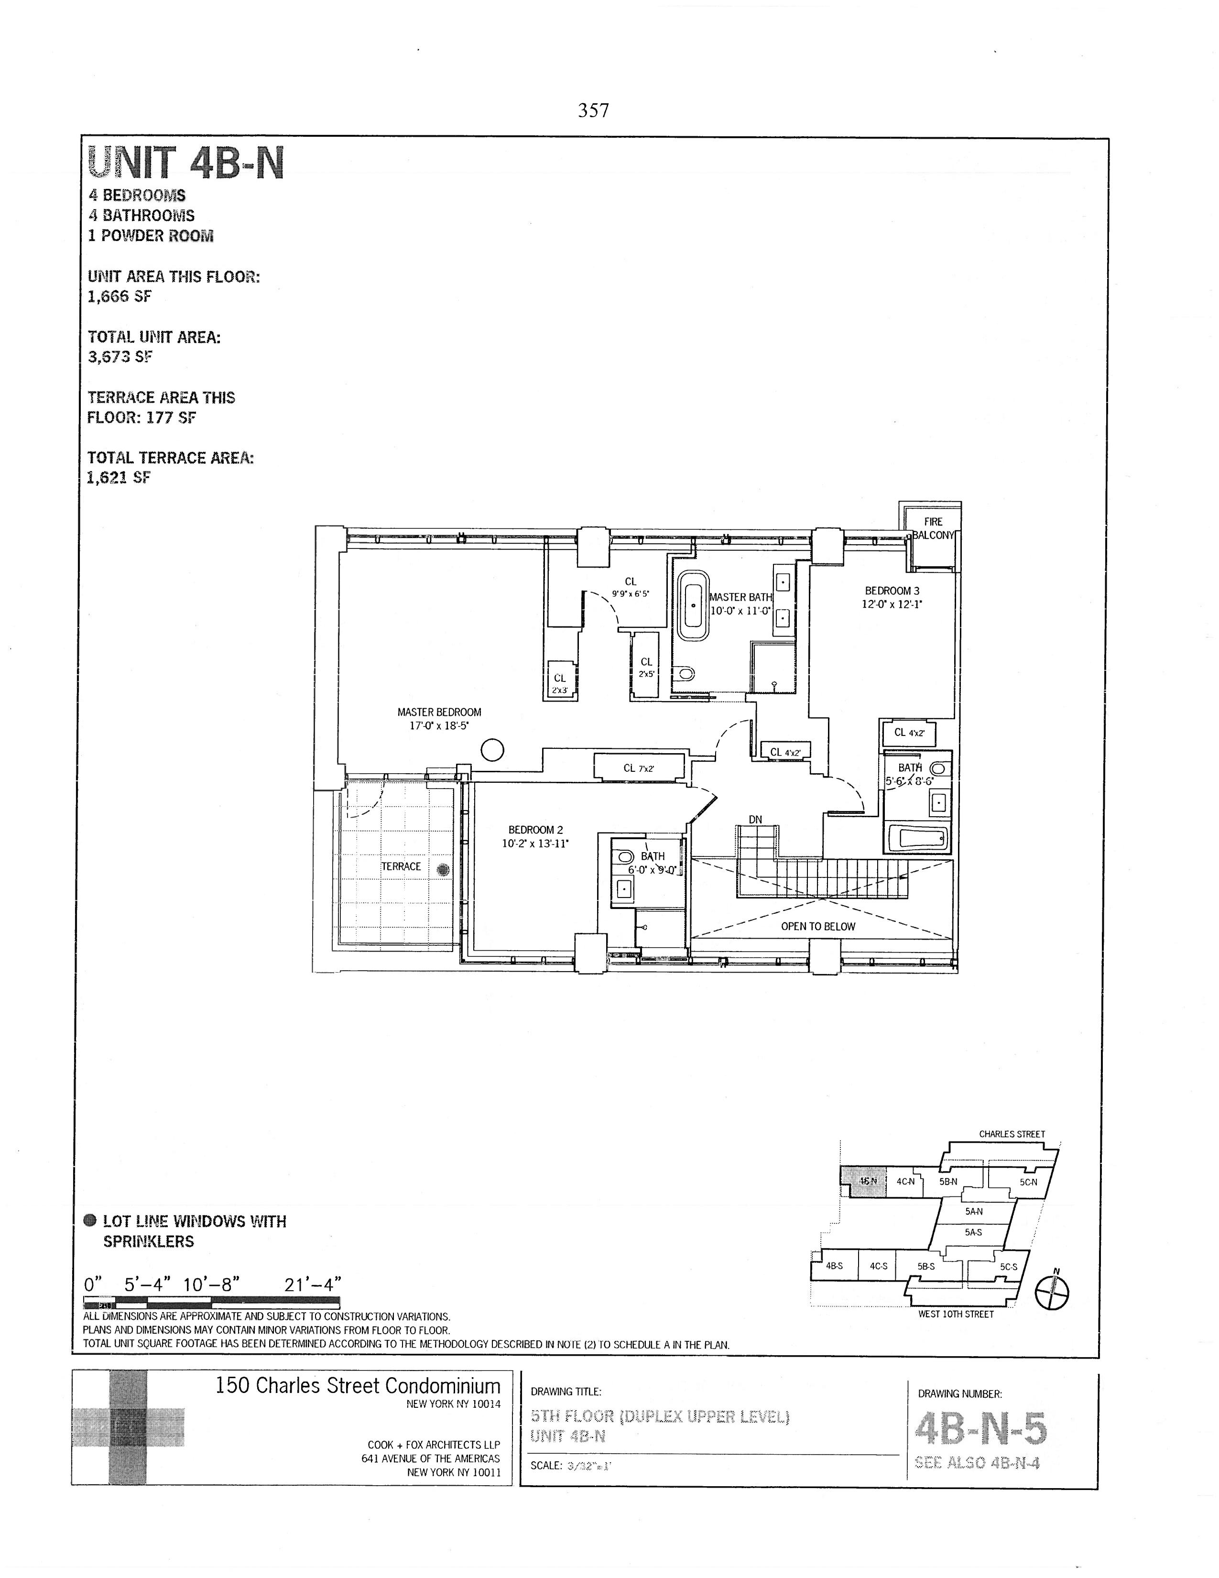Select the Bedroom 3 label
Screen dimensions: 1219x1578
coord(892,597)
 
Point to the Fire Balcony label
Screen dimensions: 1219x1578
coord(933,528)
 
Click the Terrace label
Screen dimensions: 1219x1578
coord(401,866)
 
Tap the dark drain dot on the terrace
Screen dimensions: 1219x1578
coord(443,871)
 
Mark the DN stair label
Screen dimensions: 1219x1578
coord(755,819)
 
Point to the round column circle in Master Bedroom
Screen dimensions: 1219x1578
coord(492,751)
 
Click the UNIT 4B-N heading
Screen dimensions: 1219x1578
coord(185,163)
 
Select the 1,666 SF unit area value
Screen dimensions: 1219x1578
coord(119,296)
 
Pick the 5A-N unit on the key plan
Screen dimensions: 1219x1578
coord(973,1212)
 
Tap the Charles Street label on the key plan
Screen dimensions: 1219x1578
coord(1011,1134)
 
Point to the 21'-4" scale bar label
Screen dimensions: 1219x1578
coord(313,1284)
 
